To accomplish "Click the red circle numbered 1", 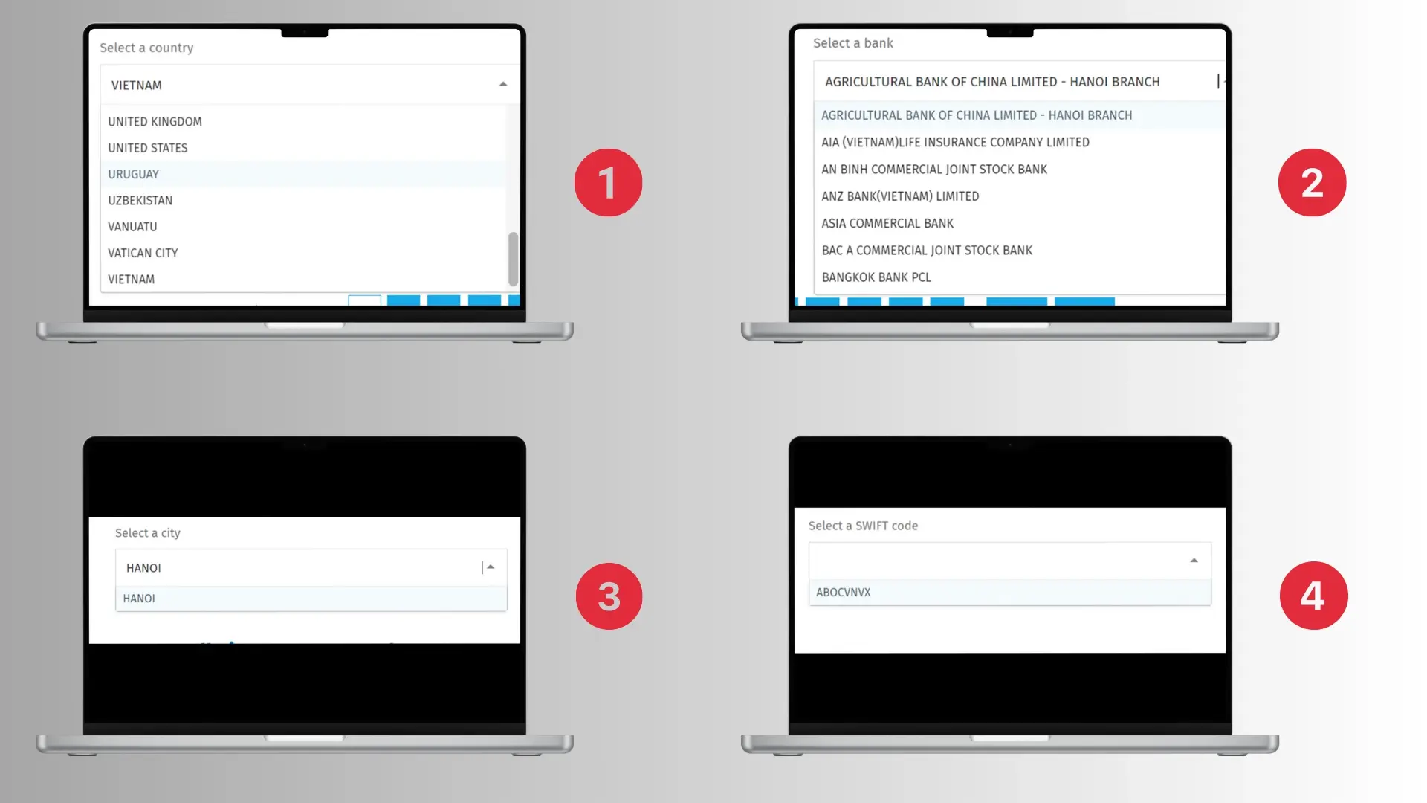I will click(608, 183).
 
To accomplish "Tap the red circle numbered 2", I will click(1312, 183).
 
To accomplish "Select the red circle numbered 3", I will click(609, 596).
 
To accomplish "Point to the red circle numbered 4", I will click(1313, 596).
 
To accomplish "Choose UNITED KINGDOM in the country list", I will click(155, 122).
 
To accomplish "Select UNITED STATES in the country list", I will click(148, 148).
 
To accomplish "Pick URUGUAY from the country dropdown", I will click(134, 174).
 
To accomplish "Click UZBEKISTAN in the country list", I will click(140, 201).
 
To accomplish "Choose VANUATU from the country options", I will click(132, 227).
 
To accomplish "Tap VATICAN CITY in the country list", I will click(143, 253).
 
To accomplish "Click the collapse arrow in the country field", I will click(503, 85).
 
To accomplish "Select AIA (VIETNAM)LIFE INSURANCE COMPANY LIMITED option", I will click(955, 142).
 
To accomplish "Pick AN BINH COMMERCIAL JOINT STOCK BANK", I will click(934, 170).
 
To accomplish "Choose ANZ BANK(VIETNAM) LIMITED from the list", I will click(900, 196).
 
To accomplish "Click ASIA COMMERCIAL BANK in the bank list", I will click(887, 223).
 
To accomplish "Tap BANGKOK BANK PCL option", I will click(876, 277).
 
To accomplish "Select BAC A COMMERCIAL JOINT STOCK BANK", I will click(927, 251).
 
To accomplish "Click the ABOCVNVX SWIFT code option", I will click(844, 593).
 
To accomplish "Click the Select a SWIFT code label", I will click(863, 526).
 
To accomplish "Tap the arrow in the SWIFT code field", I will click(1194, 561).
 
